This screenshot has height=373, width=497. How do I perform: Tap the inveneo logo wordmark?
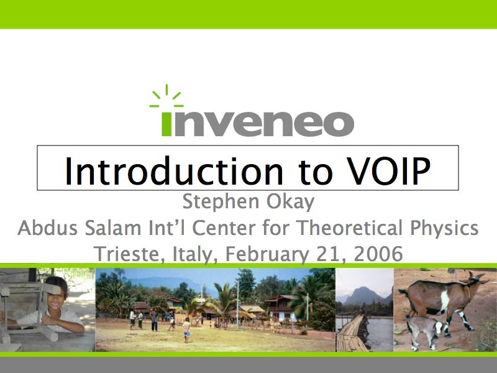(x=258, y=123)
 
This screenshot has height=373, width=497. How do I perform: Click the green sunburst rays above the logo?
(x=166, y=96)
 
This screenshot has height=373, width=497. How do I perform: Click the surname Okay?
(x=290, y=202)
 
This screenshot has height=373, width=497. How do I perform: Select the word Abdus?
(x=48, y=228)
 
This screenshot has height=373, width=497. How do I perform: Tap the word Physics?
(x=444, y=228)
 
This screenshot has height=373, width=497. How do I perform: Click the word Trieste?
(x=129, y=254)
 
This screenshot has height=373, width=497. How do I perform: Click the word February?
(x=267, y=255)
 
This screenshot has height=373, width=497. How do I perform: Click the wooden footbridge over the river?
(x=352, y=333)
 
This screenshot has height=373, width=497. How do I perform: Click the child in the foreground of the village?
(x=187, y=330)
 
